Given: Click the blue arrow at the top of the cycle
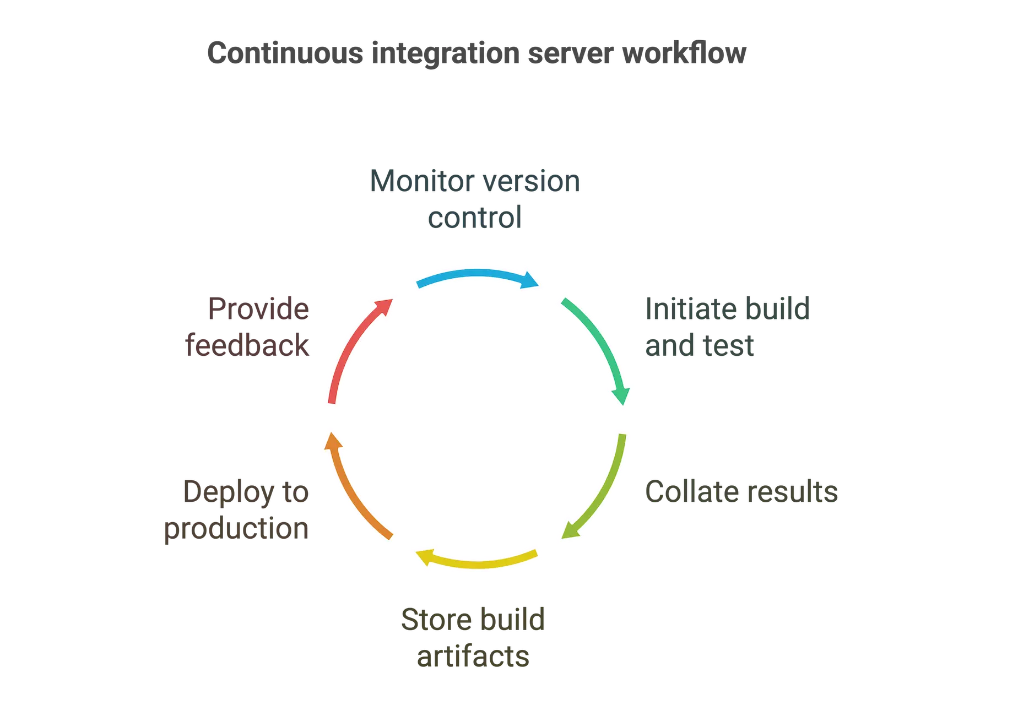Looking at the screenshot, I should click(x=477, y=275).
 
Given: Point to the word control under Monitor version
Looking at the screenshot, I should click(x=474, y=217).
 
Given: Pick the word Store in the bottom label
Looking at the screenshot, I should click(x=436, y=619).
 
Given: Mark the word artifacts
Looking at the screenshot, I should click(x=473, y=657).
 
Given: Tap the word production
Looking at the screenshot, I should click(x=237, y=529).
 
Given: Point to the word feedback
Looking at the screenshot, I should click(x=248, y=346).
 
